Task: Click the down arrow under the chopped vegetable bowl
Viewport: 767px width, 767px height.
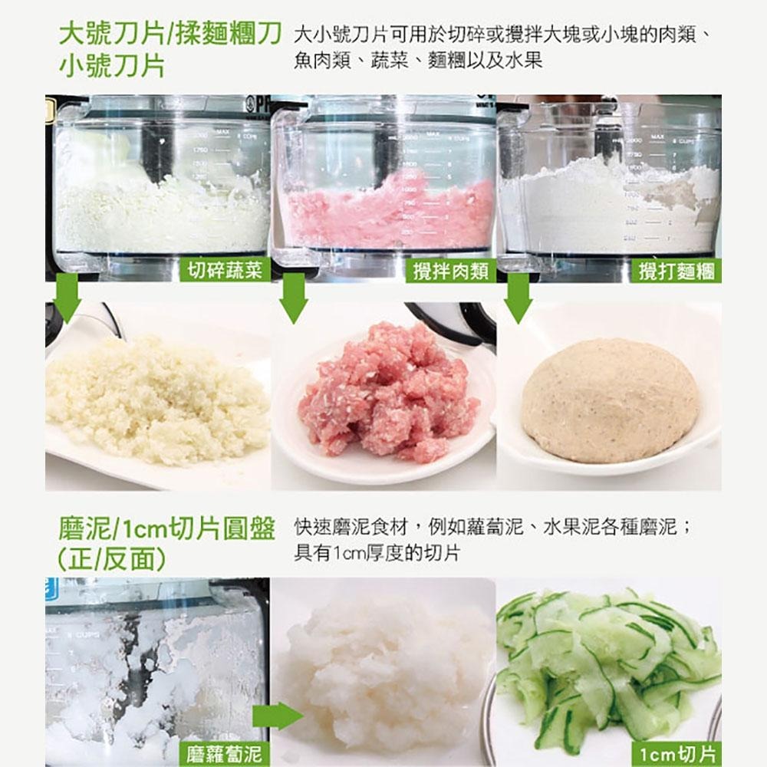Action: click(68, 298)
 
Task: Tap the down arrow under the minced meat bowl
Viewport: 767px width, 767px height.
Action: click(293, 298)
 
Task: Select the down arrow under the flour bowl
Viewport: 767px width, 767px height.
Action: click(518, 298)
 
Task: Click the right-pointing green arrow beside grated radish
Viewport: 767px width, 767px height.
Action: click(277, 716)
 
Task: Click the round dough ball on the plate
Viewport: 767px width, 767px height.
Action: click(610, 400)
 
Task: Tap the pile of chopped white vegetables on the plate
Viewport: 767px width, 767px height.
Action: click(156, 399)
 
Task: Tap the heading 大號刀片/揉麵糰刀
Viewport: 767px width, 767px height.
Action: click(170, 33)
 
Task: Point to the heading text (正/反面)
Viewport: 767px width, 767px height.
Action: click(112, 558)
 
